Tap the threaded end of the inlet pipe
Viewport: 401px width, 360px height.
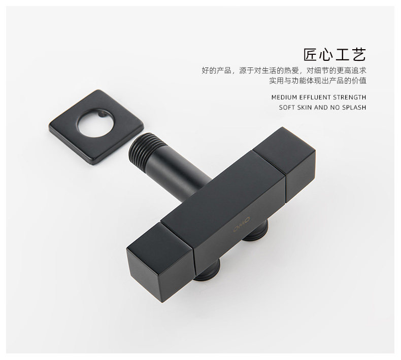point(143,147)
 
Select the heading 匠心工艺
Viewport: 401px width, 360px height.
point(335,55)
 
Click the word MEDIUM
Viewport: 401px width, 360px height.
point(284,97)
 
